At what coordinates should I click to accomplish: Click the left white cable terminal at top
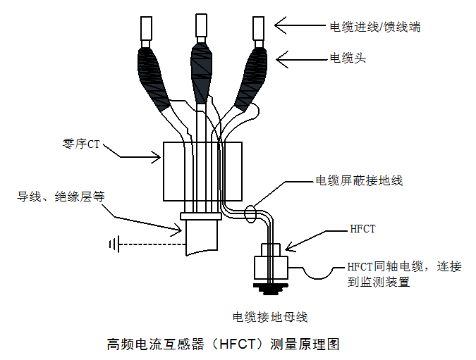pyautogui.click(x=147, y=27)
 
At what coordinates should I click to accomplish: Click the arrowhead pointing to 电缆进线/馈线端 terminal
pyautogui.click(x=280, y=27)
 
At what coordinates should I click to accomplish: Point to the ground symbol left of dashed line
pyautogui.click(x=113, y=244)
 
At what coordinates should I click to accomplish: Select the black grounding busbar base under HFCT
pyautogui.click(x=271, y=287)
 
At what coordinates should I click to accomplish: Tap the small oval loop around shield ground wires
pyautogui.click(x=250, y=213)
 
